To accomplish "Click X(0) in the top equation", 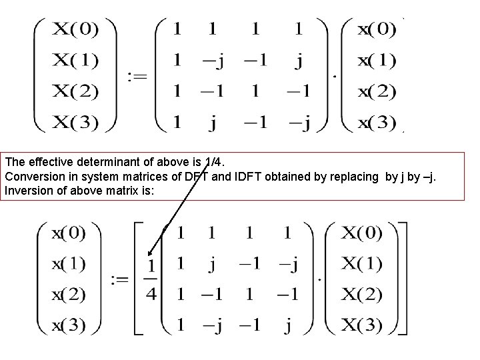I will [x=76, y=29].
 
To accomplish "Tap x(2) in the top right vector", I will [x=376, y=91].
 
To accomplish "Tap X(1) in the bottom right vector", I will [x=362, y=264].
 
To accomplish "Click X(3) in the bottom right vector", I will [x=362, y=326].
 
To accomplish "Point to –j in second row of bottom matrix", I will [x=289, y=265].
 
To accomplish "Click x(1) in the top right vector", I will [x=376, y=60].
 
